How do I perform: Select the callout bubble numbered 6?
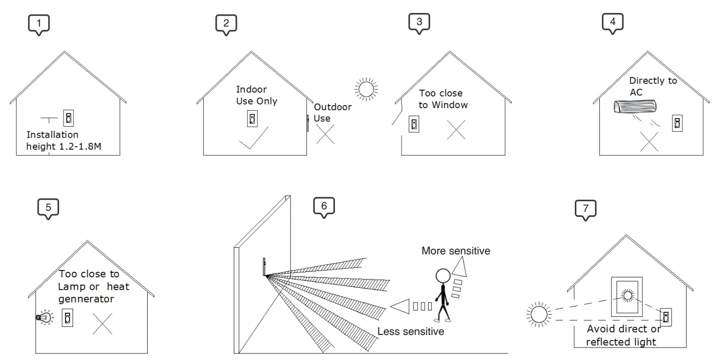(x=323, y=206)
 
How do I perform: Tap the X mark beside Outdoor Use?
(x=325, y=135)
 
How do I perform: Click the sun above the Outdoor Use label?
(x=365, y=89)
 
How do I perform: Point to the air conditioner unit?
(x=635, y=107)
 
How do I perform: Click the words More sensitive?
(x=456, y=251)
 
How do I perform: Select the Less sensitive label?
(x=411, y=331)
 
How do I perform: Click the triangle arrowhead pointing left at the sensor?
(x=400, y=306)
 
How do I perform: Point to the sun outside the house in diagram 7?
(x=539, y=315)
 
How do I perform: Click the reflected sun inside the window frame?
(x=626, y=294)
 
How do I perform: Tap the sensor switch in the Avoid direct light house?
(x=666, y=316)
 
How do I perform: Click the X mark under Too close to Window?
(x=456, y=130)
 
